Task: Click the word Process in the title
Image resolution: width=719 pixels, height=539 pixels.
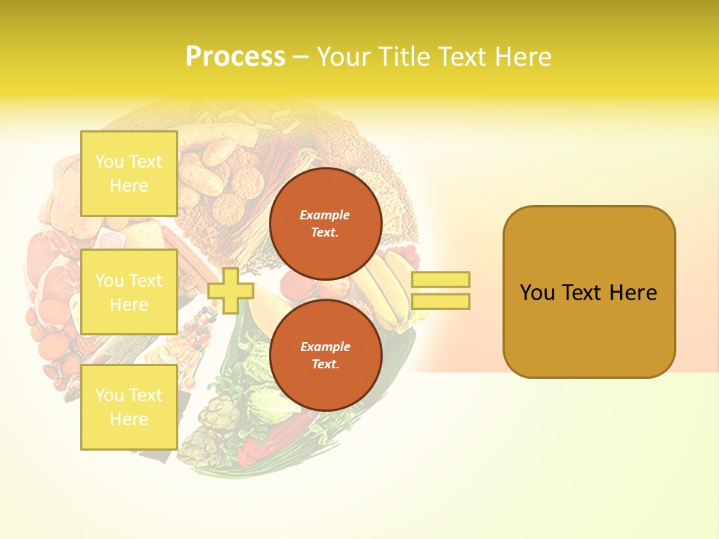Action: pos(235,57)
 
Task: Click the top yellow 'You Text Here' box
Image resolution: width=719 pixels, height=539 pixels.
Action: pos(129,174)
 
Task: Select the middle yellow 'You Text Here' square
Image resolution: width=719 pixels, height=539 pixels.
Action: pos(129,292)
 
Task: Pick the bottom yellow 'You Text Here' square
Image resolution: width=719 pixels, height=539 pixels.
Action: pos(129,406)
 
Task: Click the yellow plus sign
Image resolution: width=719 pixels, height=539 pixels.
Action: pos(231,291)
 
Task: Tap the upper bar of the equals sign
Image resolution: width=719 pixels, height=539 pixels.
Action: pos(440,279)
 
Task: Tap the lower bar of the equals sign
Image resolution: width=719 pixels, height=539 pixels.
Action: pos(440,301)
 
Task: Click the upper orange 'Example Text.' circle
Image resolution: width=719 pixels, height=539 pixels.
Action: pos(325,223)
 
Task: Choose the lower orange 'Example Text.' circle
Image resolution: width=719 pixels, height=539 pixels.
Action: pos(325,355)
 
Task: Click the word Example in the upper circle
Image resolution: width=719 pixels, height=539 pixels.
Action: pos(325,215)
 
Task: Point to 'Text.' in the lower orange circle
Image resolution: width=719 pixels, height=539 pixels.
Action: pos(325,364)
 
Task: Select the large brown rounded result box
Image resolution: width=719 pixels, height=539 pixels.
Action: pos(589,292)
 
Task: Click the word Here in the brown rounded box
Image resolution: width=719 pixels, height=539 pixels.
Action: pos(633,293)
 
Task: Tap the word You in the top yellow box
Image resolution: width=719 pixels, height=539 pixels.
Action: pos(109,162)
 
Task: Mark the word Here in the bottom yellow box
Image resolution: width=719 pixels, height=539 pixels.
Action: pos(129,419)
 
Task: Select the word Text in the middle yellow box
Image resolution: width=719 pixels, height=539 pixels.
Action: pos(145,281)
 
